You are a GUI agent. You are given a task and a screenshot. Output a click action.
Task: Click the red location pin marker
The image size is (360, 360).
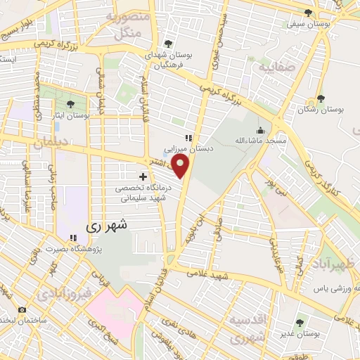click(x=182, y=166)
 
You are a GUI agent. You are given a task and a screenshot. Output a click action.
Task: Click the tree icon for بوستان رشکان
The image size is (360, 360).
click(x=321, y=99)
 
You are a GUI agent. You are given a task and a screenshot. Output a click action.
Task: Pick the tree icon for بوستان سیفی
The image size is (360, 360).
click(x=307, y=13)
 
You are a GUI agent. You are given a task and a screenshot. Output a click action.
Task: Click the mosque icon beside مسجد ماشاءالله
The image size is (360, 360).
click(x=260, y=130)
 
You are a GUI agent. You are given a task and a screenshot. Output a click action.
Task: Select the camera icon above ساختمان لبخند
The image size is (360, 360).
click(x=22, y=309)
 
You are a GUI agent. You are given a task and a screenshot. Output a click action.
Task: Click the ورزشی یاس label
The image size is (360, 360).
click(x=324, y=288)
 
